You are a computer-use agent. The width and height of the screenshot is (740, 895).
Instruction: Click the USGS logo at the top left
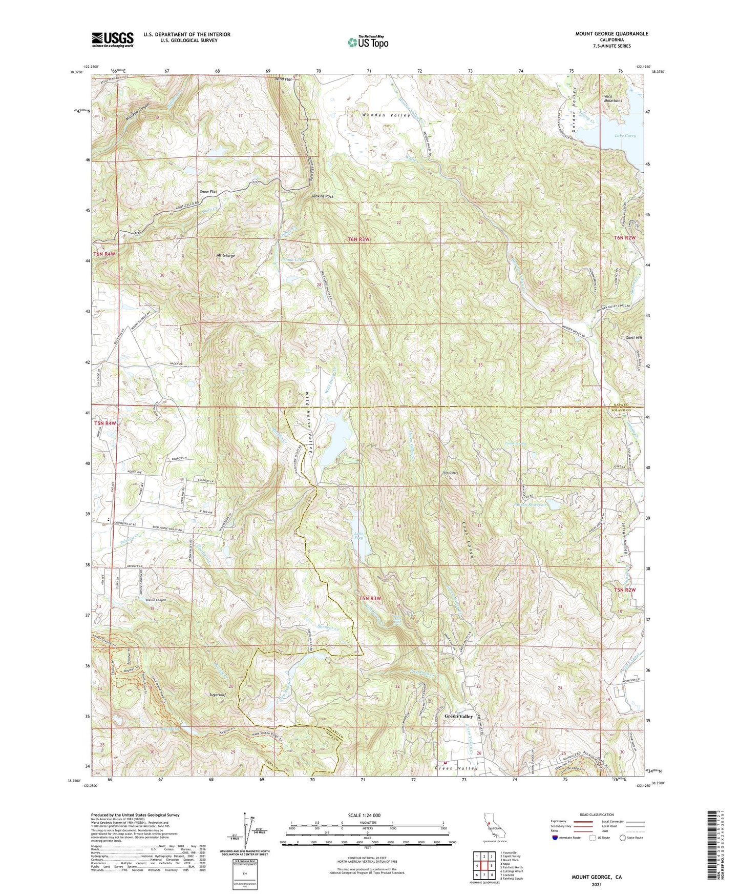[113, 39]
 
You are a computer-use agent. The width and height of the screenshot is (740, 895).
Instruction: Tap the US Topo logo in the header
[368, 42]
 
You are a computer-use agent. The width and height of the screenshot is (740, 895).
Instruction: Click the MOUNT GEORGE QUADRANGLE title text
[611, 34]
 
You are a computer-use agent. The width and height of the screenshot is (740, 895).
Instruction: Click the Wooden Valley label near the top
[386, 116]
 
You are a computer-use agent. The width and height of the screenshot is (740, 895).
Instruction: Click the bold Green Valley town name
[458, 716]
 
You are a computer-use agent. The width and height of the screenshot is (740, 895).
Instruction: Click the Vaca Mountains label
[612, 98]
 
